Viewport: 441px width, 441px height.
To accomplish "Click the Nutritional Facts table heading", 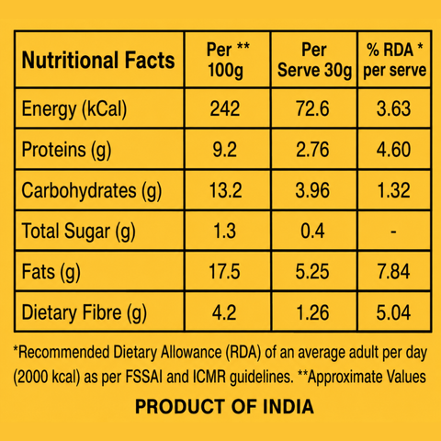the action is point(98,60).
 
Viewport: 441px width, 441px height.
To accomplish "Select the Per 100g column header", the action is point(228,60).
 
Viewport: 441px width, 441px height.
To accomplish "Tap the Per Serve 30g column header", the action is point(314,60).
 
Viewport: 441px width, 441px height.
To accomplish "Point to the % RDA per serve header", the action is point(395,60).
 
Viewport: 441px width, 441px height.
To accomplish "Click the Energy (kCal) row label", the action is point(74,109).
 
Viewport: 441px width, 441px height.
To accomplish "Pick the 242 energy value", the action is point(225,108).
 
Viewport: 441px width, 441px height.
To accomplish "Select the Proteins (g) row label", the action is point(66,150).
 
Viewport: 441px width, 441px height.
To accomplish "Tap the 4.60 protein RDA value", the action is point(393,150).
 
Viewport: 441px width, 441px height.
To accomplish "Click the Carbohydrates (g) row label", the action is point(92,191).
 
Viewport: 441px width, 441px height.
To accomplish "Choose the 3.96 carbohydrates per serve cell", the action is point(312,190).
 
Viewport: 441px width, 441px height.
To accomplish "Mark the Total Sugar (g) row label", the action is point(78,232).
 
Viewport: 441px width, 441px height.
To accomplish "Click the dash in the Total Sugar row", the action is point(393,232).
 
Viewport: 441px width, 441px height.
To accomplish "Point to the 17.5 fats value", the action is point(224,272).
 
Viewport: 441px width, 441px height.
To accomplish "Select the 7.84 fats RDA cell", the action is point(393,272).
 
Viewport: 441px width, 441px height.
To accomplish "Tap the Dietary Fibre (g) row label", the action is point(85,313).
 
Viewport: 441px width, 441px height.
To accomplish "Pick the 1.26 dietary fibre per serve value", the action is point(312,312).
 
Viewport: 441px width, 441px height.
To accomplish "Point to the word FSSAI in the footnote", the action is point(144,377).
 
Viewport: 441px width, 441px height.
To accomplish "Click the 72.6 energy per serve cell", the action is point(312,108).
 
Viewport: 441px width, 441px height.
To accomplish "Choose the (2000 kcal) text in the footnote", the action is point(47,378).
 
